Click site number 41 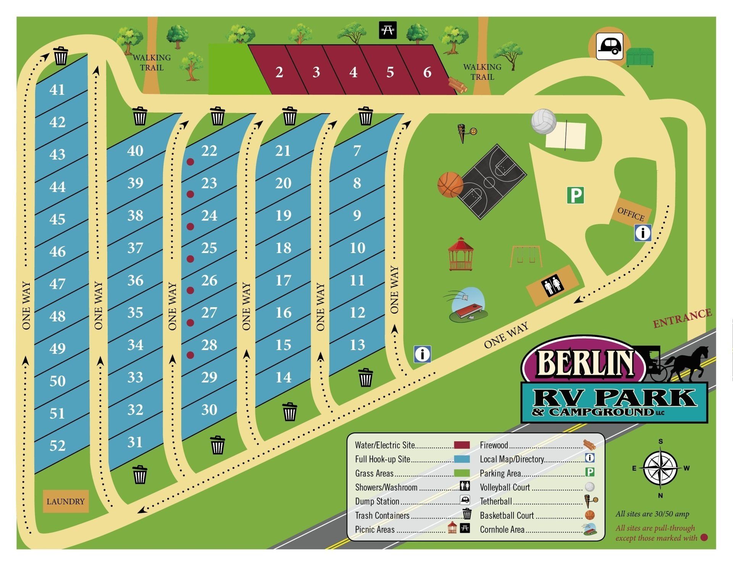57,90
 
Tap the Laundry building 65,501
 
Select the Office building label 631,214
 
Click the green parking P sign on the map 575,195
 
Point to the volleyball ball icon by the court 544,122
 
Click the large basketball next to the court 450,185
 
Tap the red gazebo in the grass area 461,254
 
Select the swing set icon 526,256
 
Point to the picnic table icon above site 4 388,30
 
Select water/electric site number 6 427,72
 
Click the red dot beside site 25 190,259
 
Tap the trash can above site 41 60,56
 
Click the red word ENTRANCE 682,318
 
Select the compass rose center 660,468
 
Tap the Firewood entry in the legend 494,445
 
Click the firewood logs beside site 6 458,85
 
